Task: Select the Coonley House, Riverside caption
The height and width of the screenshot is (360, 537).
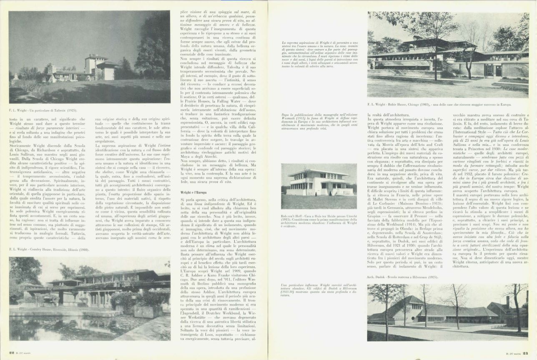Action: point(49,250)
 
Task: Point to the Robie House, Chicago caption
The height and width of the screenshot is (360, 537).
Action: point(439,105)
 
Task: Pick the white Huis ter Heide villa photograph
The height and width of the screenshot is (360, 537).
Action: point(319,185)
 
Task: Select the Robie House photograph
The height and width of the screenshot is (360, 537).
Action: point(448,55)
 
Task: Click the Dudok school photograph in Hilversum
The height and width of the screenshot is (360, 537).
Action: point(448,312)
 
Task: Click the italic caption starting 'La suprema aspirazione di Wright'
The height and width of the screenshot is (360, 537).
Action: point(320,55)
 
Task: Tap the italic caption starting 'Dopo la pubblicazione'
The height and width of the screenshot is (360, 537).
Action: point(320,121)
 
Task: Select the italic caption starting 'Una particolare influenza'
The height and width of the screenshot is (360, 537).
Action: point(320,290)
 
